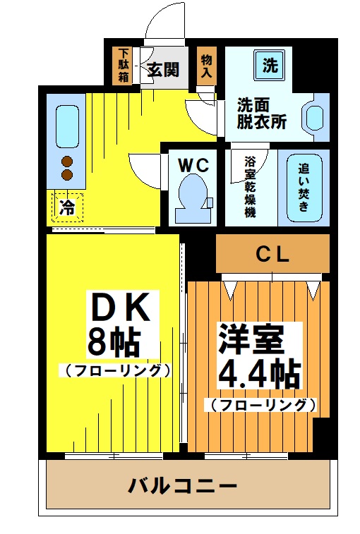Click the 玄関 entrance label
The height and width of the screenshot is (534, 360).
coord(163,69)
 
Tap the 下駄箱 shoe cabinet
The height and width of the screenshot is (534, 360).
coord(123,65)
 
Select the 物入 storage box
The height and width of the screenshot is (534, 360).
coord(206,66)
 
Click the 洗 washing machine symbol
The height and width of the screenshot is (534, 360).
coord(270,66)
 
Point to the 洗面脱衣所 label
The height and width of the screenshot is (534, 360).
coord(261,114)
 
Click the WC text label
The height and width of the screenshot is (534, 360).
coord(193,165)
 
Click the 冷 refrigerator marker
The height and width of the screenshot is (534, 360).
coord(67,207)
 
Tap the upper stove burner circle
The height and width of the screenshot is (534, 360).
coord(68,160)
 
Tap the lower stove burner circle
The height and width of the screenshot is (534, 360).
coord(68,174)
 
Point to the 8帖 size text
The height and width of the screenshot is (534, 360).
coord(112,342)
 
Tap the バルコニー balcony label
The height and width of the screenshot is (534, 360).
coord(182,486)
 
